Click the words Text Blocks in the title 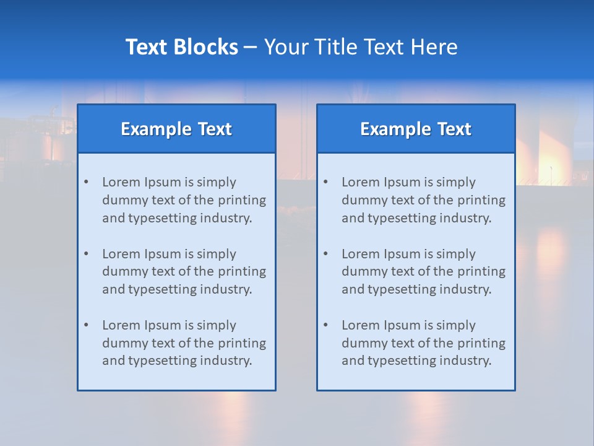tap(181, 47)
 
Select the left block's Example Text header tap(176, 129)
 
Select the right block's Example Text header tap(416, 129)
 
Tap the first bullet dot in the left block tap(86, 182)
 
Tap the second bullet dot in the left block tap(86, 254)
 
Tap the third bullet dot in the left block tap(86, 325)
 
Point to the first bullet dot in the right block tap(325, 182)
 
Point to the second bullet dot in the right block tap(325, 254)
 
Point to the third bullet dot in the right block tap(325, 325)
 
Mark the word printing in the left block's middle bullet tap(243, 271)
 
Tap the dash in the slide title tap(251, 47)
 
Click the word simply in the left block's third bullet tap(216, 325)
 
